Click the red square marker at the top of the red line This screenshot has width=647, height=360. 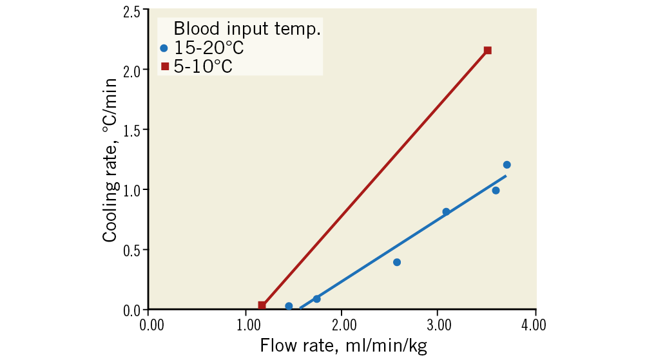(x=487, y=50)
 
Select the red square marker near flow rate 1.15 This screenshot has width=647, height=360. (x=262, y=305)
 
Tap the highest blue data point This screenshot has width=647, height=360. (x=507, y=165)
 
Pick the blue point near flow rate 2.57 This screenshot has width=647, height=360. (x=397, y=262)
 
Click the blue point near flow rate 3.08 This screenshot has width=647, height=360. (x=446, y=212)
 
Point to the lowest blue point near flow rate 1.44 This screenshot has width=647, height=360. (x=289, y=306)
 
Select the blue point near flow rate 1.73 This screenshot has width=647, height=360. (x=316, y=299)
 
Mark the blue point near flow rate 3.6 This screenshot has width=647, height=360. (x=496, y=191)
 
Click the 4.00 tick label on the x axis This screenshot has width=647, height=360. (x=532, y=323)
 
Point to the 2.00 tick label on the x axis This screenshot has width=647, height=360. (x=342, y=323)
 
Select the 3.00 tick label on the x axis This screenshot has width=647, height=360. (x=438, y=323)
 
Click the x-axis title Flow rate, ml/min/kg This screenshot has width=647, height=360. (x=343, y=346)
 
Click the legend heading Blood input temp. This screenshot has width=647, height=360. (x=247, y=30)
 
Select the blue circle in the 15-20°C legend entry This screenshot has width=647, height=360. (x=164, y=48)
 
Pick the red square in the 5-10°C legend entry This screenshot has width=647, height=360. (x=165, y=66)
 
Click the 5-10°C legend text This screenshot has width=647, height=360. (x=203, y=66)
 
